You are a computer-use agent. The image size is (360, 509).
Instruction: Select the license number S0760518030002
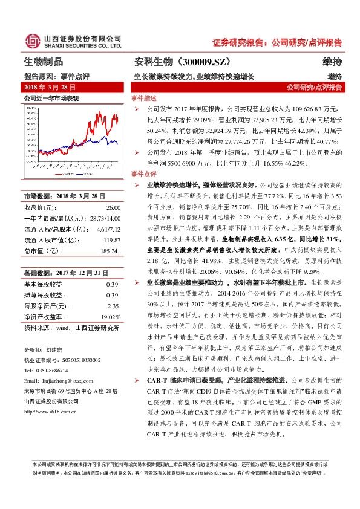(x=77, y=360)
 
